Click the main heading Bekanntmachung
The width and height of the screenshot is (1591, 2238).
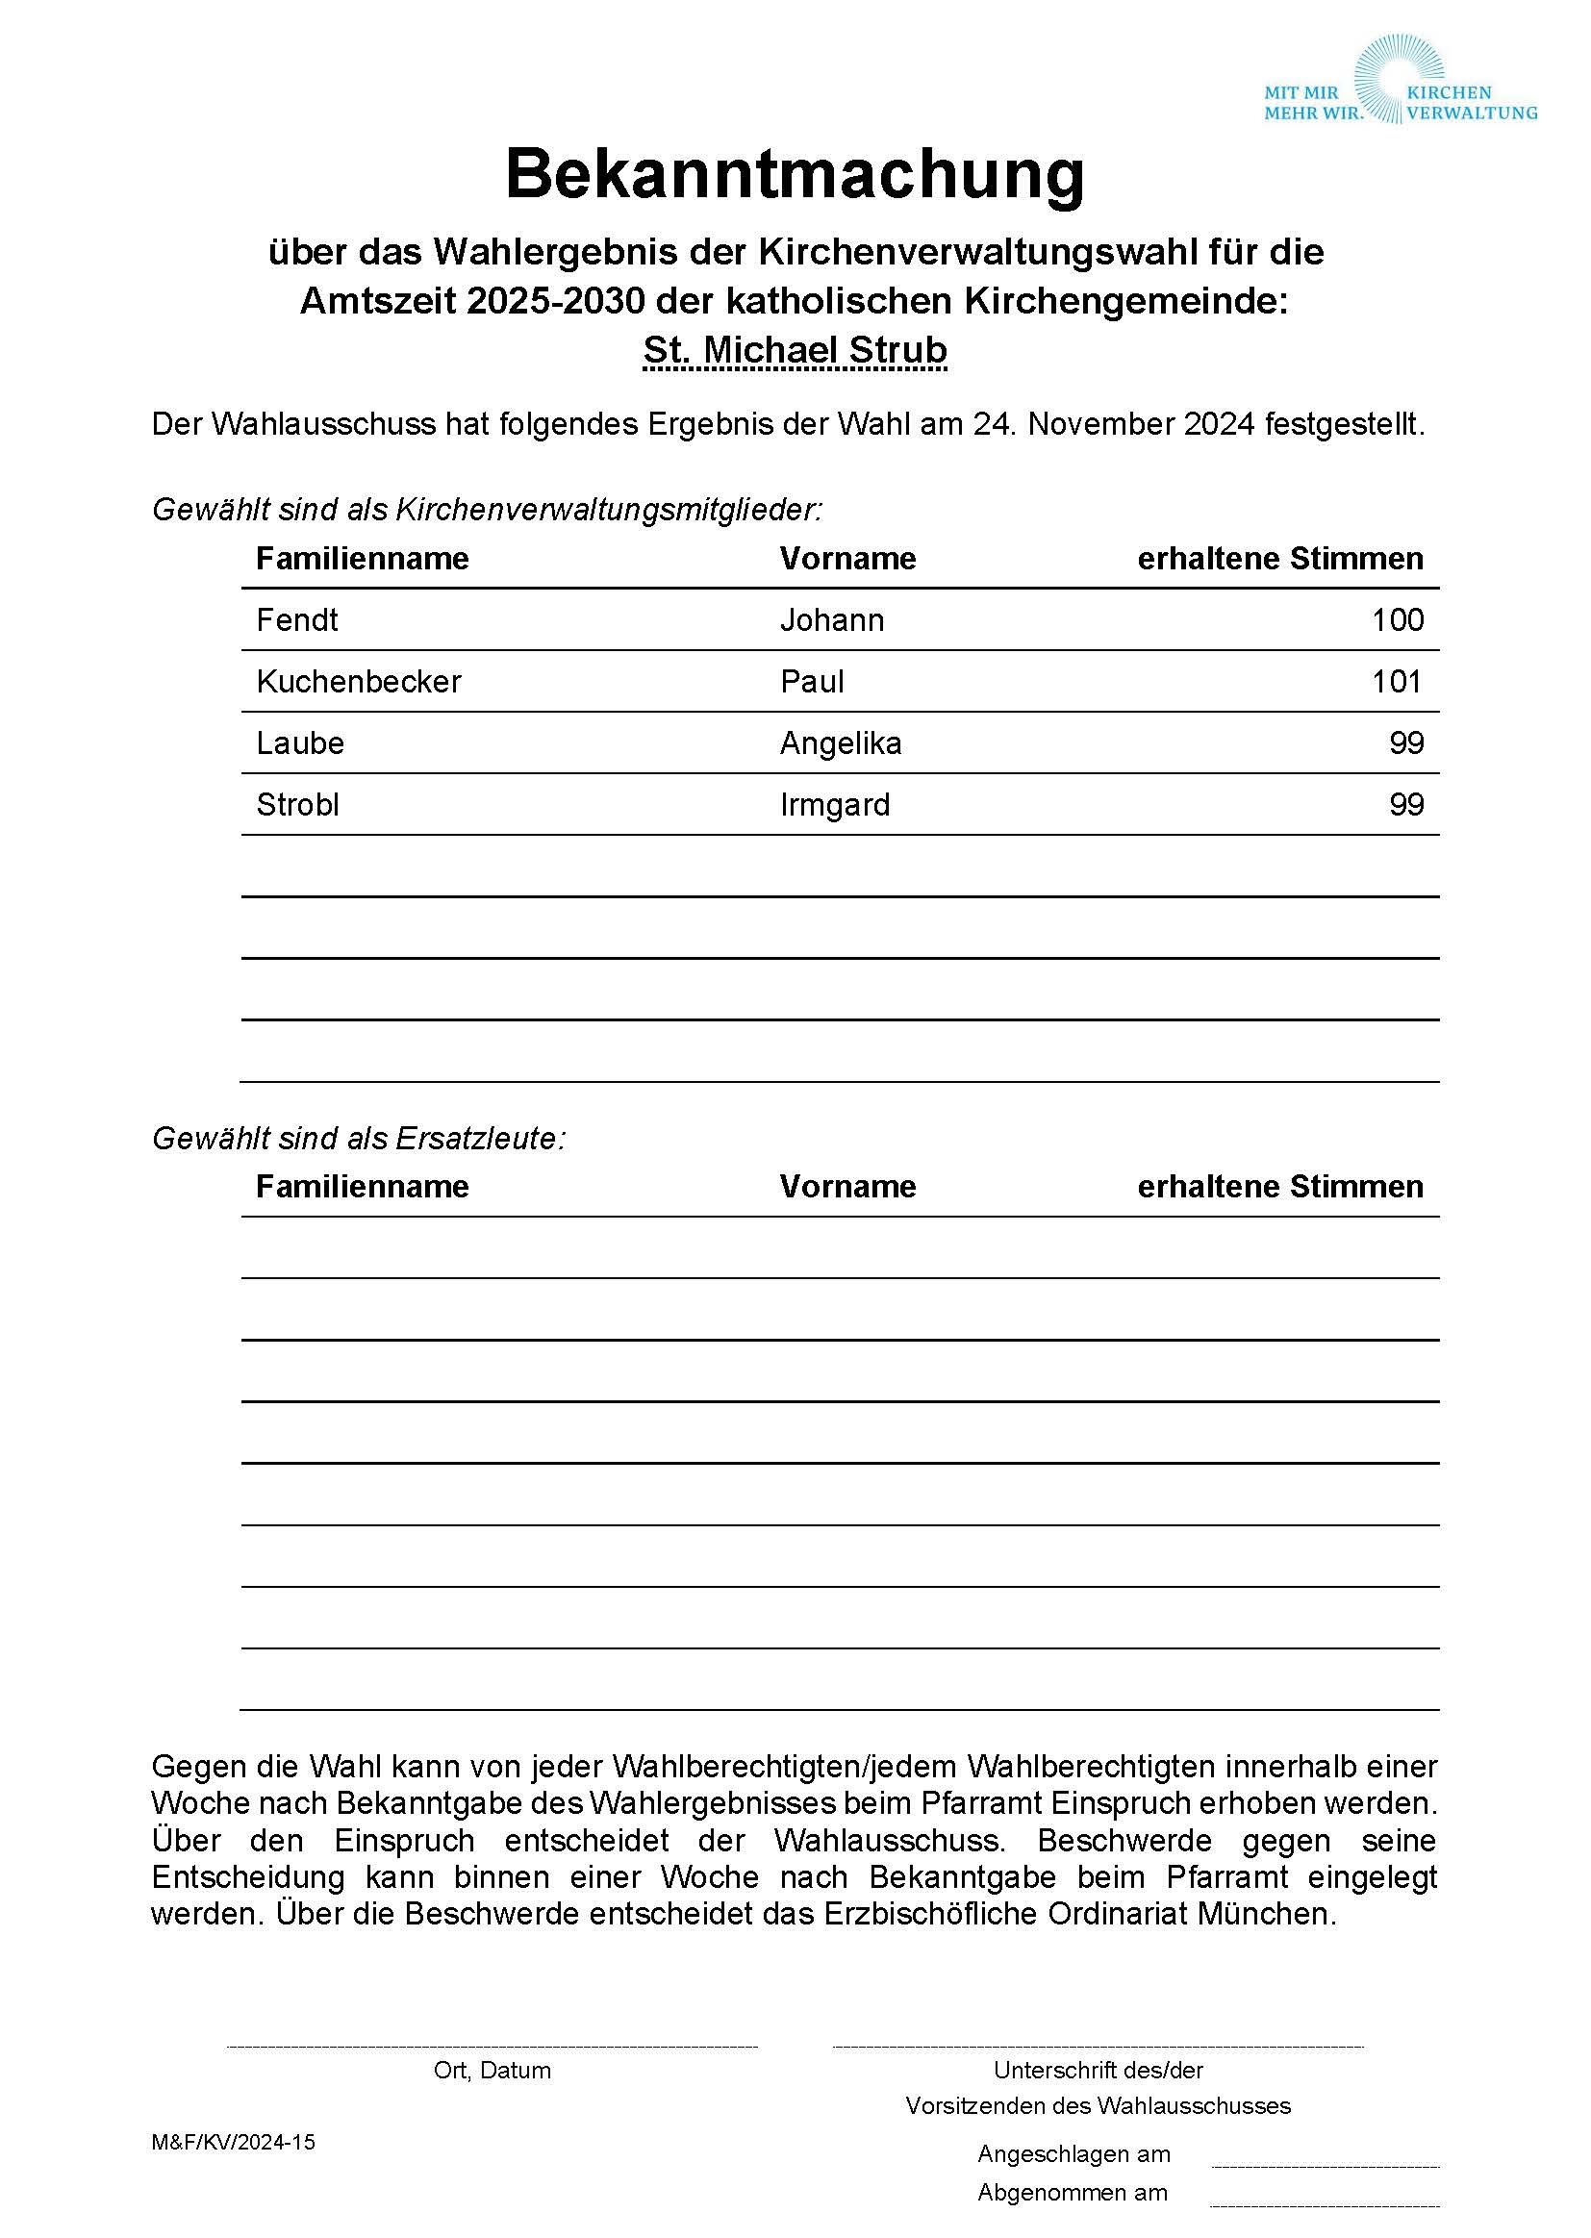tap(795, 174)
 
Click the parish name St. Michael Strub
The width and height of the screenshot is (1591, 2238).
tap(795, 350)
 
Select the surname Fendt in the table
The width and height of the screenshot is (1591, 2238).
tap(297, 620)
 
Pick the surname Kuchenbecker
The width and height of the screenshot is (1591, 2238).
tap(359, 682)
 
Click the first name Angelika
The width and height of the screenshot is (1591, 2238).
tap(841, 743)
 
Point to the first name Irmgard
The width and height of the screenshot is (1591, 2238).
tap(835, 805)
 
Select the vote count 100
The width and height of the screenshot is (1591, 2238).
tap(1397, 620)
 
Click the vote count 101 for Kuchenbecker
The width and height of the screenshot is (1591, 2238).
tap(1397, 682)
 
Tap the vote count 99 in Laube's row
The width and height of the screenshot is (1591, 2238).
tap(1406, 743)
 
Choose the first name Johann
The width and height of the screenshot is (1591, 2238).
tap(832, 620)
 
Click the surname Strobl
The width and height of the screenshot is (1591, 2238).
tap(298, 805)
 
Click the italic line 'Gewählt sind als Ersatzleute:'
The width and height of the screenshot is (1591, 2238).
tap(359, 1138)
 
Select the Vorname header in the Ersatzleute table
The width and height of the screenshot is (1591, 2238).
tap(847, 1187)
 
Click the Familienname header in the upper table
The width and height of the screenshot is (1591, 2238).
tap(363, 558)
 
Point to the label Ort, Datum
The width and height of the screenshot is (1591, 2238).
tap(492, 2071)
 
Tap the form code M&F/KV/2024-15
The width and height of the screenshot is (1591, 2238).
tap(233, 2142)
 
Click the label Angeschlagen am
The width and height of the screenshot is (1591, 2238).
tap(1073, 2153)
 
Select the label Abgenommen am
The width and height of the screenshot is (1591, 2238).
tap(1073, 2192)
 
